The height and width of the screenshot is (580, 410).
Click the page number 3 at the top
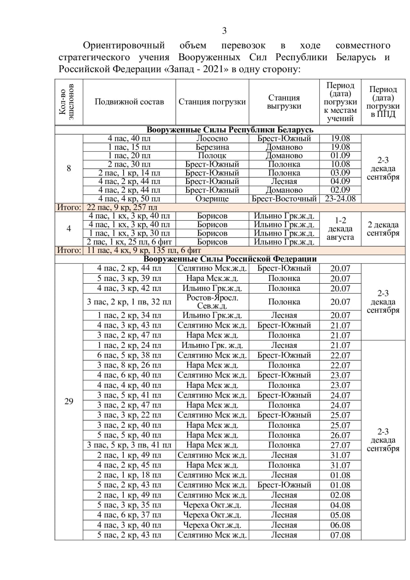pos(224,31)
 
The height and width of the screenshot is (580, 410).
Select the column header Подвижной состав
pos(129,101)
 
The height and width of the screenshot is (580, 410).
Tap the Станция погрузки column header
pos(212,101)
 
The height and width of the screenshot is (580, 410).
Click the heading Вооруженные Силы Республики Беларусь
pos(231,130)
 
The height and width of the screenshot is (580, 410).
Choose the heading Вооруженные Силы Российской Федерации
pos(231,259)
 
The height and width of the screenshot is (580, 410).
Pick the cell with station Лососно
pos(212,139)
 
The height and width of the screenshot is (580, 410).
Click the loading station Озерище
pos(212,199)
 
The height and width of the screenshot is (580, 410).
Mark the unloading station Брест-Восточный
pos(284,199)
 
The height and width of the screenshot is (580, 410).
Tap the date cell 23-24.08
pos(340,199)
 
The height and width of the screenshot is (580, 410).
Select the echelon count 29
pos(69,401)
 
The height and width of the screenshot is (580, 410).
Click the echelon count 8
pos(69,169)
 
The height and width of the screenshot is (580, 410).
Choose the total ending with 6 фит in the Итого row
pos(144,250)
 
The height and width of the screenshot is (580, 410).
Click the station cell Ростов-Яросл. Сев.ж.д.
pos(212,302)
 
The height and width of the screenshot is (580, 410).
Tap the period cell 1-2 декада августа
pos(340,229)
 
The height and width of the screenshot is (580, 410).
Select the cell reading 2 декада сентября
pos(383,229)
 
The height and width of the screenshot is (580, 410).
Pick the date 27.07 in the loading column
pos(340,445)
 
